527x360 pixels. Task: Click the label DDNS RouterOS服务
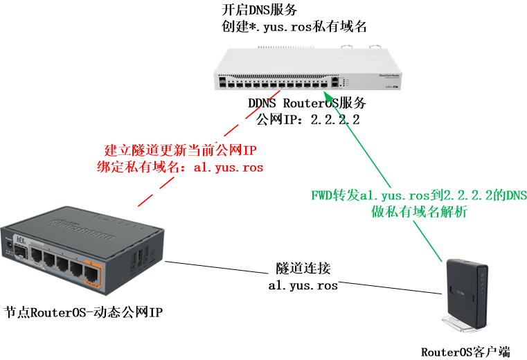pyautogui.click(x=307, y=104)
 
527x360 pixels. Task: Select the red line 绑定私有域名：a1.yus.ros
pyautogui.click(x=181, y=168)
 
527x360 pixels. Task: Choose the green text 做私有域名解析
pyautogui.click(x=419, y=213)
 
